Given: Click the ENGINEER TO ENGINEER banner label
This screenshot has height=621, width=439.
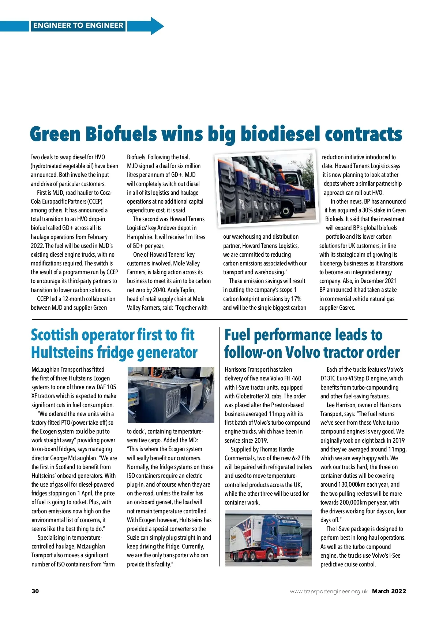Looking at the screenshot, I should coord(78,26).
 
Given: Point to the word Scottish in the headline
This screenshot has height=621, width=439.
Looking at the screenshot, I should coord(55,335).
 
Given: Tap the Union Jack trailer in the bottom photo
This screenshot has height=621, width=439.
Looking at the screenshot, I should coord(243,536).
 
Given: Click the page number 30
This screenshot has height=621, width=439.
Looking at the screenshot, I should coord(35,591).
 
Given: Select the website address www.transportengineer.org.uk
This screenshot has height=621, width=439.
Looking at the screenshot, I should coord(329,591).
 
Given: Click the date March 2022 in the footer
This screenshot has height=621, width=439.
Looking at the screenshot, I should coord(389,591).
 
